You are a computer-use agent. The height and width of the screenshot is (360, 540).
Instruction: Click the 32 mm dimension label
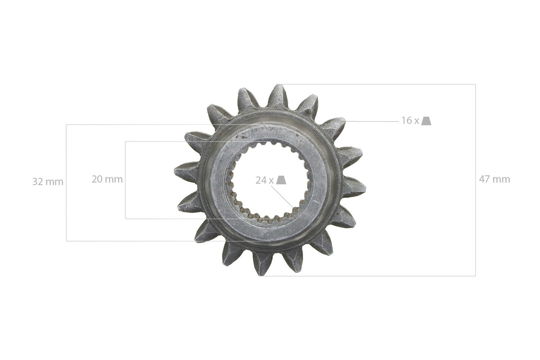[x=48, y=182]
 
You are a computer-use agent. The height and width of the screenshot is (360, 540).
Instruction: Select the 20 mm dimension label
[x=107, y=179]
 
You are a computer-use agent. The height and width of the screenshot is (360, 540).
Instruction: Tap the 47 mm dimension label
[x=494, y=179]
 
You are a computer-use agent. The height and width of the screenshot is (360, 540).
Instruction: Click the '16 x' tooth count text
[x=410, y=121]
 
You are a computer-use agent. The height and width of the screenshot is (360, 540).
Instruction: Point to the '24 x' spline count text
[x=265, y=180]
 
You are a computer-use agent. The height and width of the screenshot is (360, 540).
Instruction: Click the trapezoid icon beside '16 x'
[x=426, y=121]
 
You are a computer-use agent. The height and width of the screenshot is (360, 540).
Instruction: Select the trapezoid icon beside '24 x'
[x=281, y=180]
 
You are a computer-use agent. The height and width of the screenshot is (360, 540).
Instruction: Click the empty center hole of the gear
[x=268, y=181]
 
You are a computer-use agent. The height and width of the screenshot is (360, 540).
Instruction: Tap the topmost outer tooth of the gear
[x=277, y=95]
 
